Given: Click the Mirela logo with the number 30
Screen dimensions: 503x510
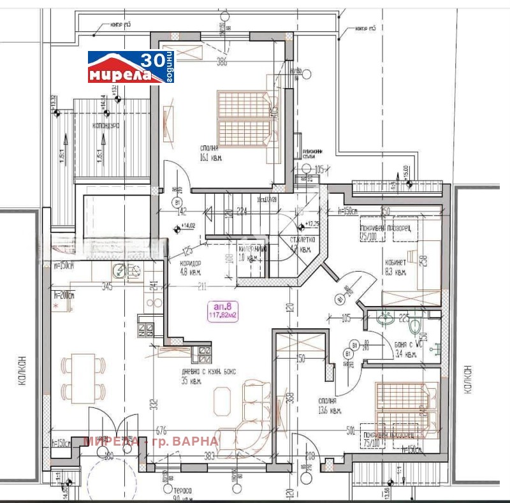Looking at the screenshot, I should coord(130,68).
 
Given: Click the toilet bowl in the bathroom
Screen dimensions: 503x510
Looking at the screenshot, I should coord(415,326).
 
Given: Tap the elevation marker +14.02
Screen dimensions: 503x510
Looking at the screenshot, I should coord(187,226).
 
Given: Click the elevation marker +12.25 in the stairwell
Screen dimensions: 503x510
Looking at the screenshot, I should coord(310,224).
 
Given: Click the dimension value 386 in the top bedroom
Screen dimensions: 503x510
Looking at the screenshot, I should coord(221,62).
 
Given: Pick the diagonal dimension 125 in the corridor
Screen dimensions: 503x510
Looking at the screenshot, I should coord(187,251).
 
